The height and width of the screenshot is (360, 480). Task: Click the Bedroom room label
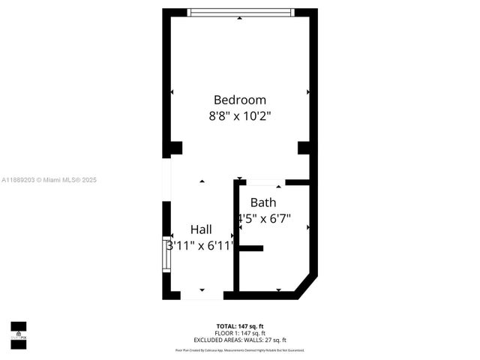[240, 100]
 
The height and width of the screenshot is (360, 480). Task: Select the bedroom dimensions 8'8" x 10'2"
[240, 116]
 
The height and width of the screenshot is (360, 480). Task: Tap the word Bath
[263, 202]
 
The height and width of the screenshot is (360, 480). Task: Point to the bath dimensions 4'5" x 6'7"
[263, 219]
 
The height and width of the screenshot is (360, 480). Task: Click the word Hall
[200, 229]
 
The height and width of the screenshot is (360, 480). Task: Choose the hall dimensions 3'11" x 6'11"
[200, 245]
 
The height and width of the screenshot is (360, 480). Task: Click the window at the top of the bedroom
[240, 13]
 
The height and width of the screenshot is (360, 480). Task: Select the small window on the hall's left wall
[167, 254]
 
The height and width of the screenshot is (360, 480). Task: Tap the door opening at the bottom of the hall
[202, 295]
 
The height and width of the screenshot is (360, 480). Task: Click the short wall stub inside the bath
[250, 248]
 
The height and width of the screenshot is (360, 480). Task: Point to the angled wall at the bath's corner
[307, 287]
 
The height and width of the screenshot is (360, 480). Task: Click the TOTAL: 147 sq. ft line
[240, 325]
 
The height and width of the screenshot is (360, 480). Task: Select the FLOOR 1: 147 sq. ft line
[240, 331]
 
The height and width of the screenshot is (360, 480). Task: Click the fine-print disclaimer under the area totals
[240, 349]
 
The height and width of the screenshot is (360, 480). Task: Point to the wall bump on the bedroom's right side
[304, 148]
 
